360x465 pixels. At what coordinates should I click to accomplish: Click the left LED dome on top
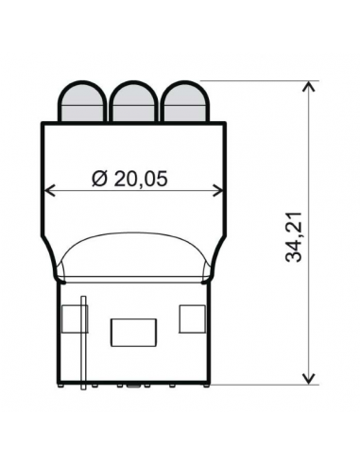coord(82,101)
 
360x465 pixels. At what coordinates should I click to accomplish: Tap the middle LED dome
coord(133,101)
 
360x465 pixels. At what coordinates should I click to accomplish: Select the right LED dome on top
coord(185,101)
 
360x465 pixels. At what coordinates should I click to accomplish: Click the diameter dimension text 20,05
coord(141,179)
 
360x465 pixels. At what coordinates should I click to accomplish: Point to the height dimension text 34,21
coord(294,237)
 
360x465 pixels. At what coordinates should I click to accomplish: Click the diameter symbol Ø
coord(100,179)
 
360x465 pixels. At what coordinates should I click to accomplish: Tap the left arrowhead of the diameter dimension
coord(50,191)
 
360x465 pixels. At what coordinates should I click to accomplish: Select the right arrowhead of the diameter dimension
coord(218,191)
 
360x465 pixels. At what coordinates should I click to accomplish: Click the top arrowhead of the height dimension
coord(309,86)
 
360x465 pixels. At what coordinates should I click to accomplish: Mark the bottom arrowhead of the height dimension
coord(309,379)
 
